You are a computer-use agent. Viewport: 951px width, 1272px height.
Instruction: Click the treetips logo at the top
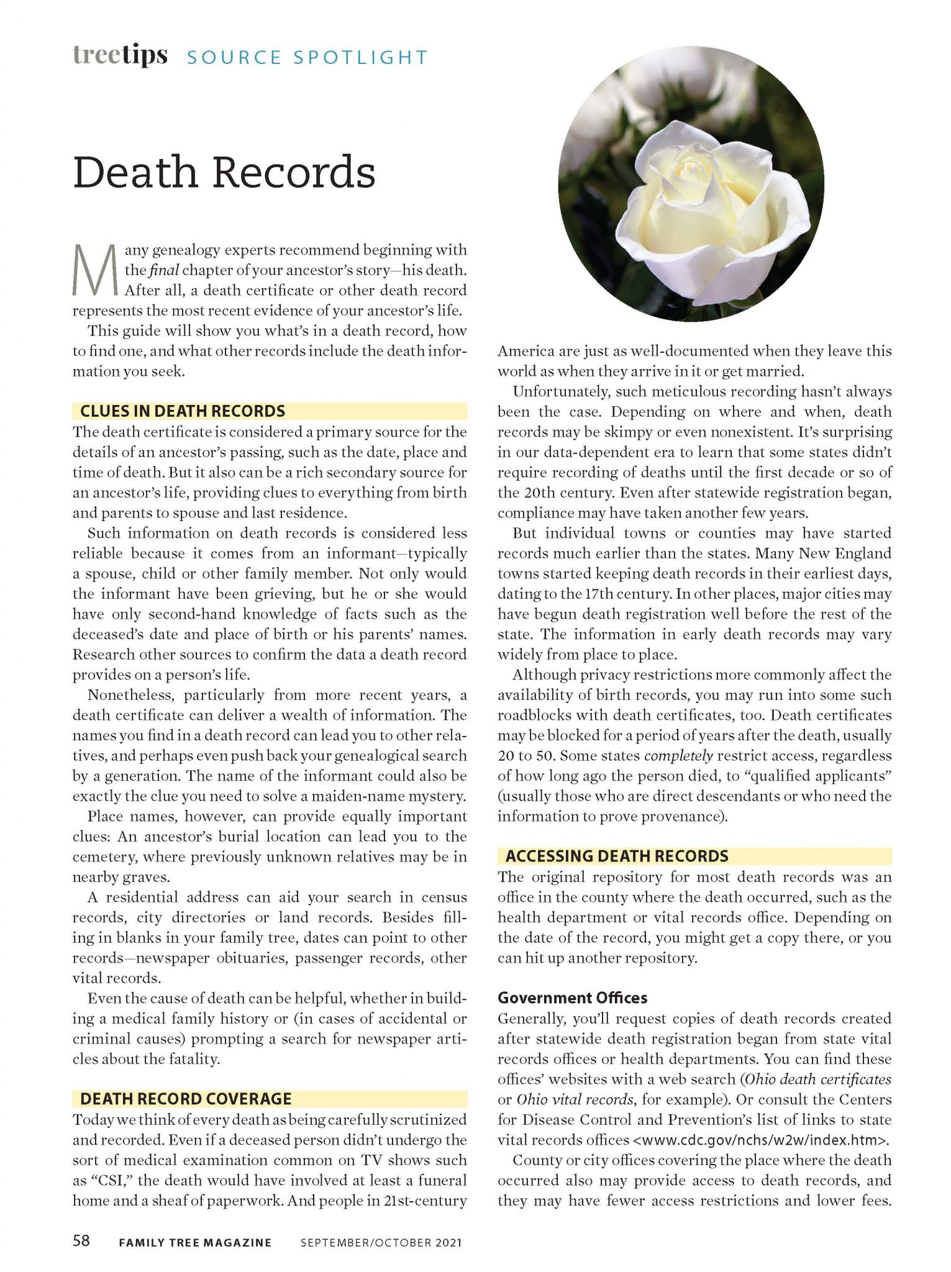point(120,55)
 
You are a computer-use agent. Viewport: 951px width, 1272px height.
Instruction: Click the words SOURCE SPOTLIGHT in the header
point(307,58)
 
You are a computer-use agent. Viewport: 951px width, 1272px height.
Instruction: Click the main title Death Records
point(224,172)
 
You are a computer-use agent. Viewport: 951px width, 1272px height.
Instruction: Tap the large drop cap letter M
point(94,271)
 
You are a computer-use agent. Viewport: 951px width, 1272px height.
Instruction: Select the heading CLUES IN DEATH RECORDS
point(183,411)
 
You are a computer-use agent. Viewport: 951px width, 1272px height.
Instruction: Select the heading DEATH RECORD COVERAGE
point(186,1099)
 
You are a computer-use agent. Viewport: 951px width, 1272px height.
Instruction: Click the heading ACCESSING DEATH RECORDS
point(617,856)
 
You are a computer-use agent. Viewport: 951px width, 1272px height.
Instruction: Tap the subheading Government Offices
point(572,998)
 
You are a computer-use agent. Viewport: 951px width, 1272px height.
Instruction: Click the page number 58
point(81,1241)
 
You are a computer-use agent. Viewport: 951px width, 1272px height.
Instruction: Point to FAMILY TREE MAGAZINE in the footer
point(195,1243)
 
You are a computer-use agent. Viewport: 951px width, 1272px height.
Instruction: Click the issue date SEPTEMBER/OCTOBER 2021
point(381,1243)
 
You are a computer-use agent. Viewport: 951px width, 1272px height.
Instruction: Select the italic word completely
point(678,756)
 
